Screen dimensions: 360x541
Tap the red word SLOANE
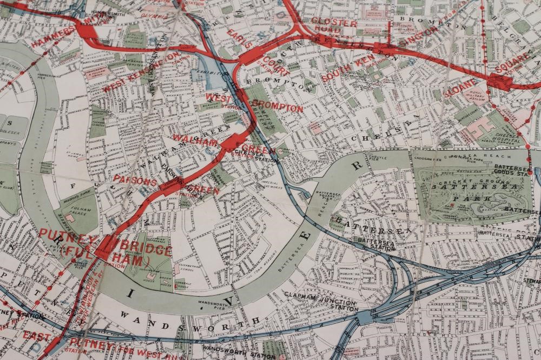coord(461,88)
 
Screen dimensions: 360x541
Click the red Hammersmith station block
coord(87,30)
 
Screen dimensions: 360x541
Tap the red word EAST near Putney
coord(37,336)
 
